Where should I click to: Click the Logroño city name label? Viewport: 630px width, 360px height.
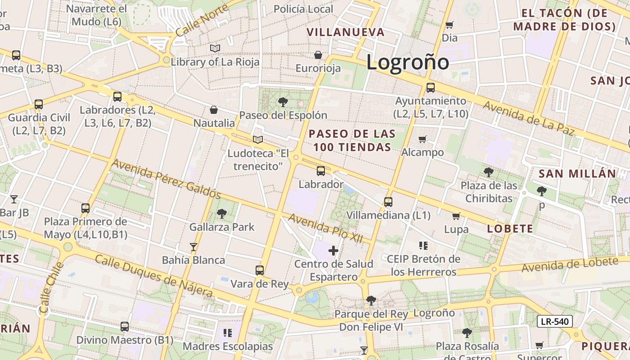point(407,62)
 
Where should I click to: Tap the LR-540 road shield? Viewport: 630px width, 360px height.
point(555,321)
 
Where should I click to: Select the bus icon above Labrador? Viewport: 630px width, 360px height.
point(320,171)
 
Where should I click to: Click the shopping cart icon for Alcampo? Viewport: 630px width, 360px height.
point(422,139)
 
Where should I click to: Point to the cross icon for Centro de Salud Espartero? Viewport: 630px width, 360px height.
point(333,251)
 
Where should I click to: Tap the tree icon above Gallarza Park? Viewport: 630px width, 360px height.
point(221,214)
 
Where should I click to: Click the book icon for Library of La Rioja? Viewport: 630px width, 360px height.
point(215,48)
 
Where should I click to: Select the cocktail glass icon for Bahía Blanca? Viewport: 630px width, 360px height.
point(193,247)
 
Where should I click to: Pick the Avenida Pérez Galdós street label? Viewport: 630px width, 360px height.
point(166,179)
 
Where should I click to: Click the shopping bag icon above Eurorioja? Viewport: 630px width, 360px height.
point(318,55)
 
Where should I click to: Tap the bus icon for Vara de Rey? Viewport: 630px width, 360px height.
point(260,270)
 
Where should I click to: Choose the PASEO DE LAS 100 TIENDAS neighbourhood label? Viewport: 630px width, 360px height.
point(352,140)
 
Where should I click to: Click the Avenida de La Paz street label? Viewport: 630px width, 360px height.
point(529,118)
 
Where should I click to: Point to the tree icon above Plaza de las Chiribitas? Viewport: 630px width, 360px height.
point(488,172)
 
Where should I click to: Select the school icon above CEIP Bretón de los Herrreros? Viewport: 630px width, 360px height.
point(423,246)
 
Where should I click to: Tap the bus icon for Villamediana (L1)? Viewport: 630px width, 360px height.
point(388,202)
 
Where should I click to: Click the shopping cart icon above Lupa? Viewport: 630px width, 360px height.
point(456,216)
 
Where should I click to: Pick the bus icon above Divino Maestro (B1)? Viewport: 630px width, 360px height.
point(125,327)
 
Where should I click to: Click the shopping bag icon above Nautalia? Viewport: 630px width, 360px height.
point(214,110)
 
